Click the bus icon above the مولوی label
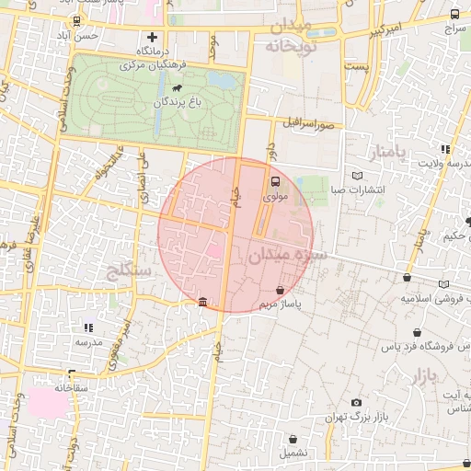click(x=276, y=180)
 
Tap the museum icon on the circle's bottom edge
click(x=202, y=303)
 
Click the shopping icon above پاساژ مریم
click(x=280, y=291)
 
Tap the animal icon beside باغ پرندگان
click(x=176, y=88)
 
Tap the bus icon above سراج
click(x=454, y=15)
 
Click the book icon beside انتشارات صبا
click(x=358, y=175)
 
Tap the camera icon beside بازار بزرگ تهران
click(x=356, y=402)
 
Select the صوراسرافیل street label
click(x=319, y=122)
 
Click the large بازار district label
click(x=421, y=374)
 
